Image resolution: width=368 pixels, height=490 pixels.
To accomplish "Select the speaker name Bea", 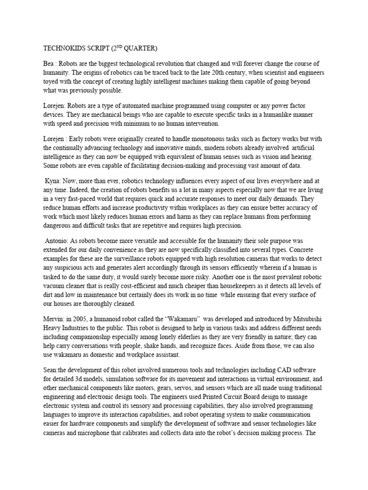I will point(50,64).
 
